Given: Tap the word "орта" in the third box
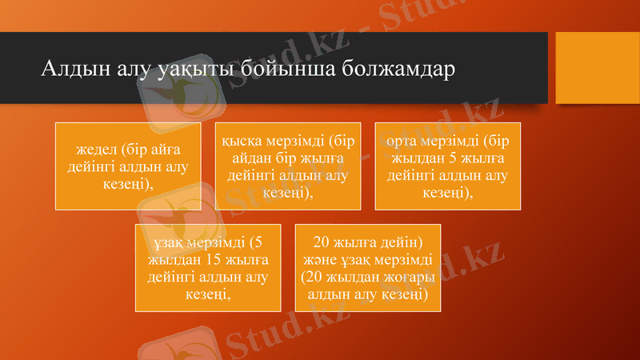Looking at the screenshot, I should point(403,140).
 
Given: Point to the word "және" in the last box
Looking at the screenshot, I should point(318,259).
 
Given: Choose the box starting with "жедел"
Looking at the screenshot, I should point(128,166).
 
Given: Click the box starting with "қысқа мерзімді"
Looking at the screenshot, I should point(288,166).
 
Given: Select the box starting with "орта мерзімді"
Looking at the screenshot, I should point(448,166).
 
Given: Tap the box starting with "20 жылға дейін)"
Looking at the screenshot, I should point(368,268).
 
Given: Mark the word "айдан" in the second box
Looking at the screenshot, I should point(244,157).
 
